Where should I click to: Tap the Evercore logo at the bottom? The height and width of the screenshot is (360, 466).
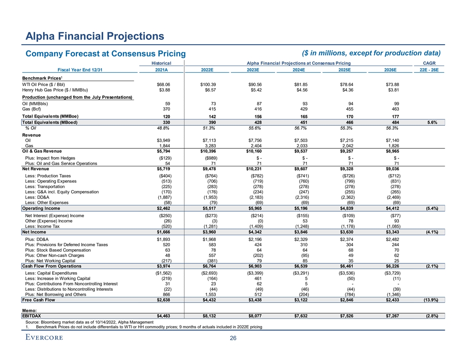point(43,337)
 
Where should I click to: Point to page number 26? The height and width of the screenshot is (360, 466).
point(233,338)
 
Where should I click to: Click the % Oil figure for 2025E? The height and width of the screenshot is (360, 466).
point(347,128)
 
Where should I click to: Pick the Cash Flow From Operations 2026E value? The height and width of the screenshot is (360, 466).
point(392,266)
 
